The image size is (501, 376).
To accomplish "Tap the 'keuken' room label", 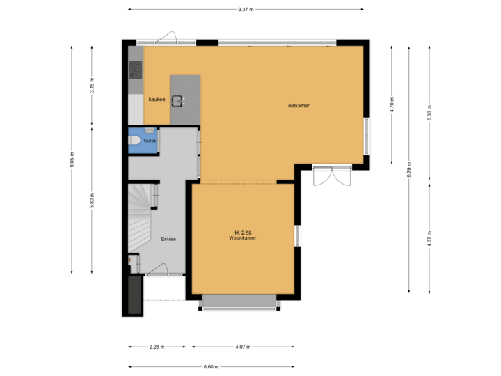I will pyautogui.click(x=157, y=100).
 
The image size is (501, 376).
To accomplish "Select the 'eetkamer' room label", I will pyautogui.click(x=299, y=106).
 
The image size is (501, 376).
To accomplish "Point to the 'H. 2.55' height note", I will pyautogui.click(x=243, y=232).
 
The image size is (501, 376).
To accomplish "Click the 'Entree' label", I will pyautogui.click(x=168, y=239).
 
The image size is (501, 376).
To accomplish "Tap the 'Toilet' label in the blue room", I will pyautogui.click(x=150, y=141).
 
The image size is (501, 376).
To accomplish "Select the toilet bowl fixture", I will pyautogui.click(x=134, y=141).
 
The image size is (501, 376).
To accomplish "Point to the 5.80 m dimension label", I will pyautogui.click(x=93, y=200).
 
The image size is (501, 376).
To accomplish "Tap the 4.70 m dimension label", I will pyautogui.click(x=392, y=104).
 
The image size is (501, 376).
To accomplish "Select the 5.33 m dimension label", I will pyautogui.click(x=429, y=113).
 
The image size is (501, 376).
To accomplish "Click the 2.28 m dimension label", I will pyautogui.click(x=157, y=347).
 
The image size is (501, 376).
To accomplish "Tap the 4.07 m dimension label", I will pyautogui.click(x=243, y=347).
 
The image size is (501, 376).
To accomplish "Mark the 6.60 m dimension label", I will pyautogui.click(x=212, y=366).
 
